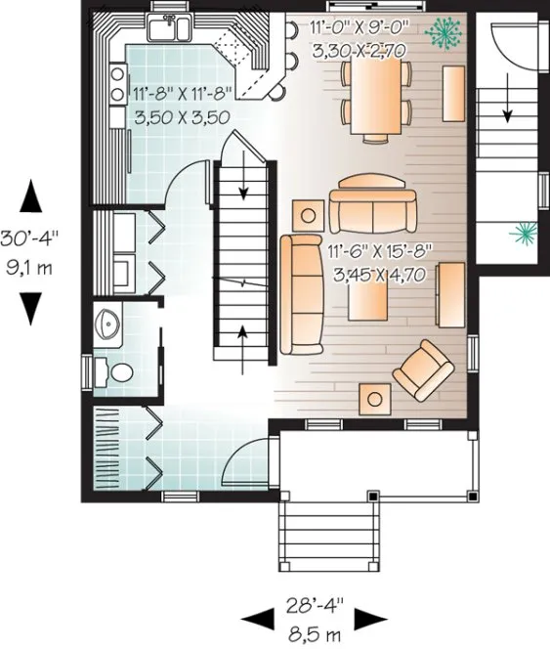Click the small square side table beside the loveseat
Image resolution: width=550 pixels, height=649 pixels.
(x=311, y=211)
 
